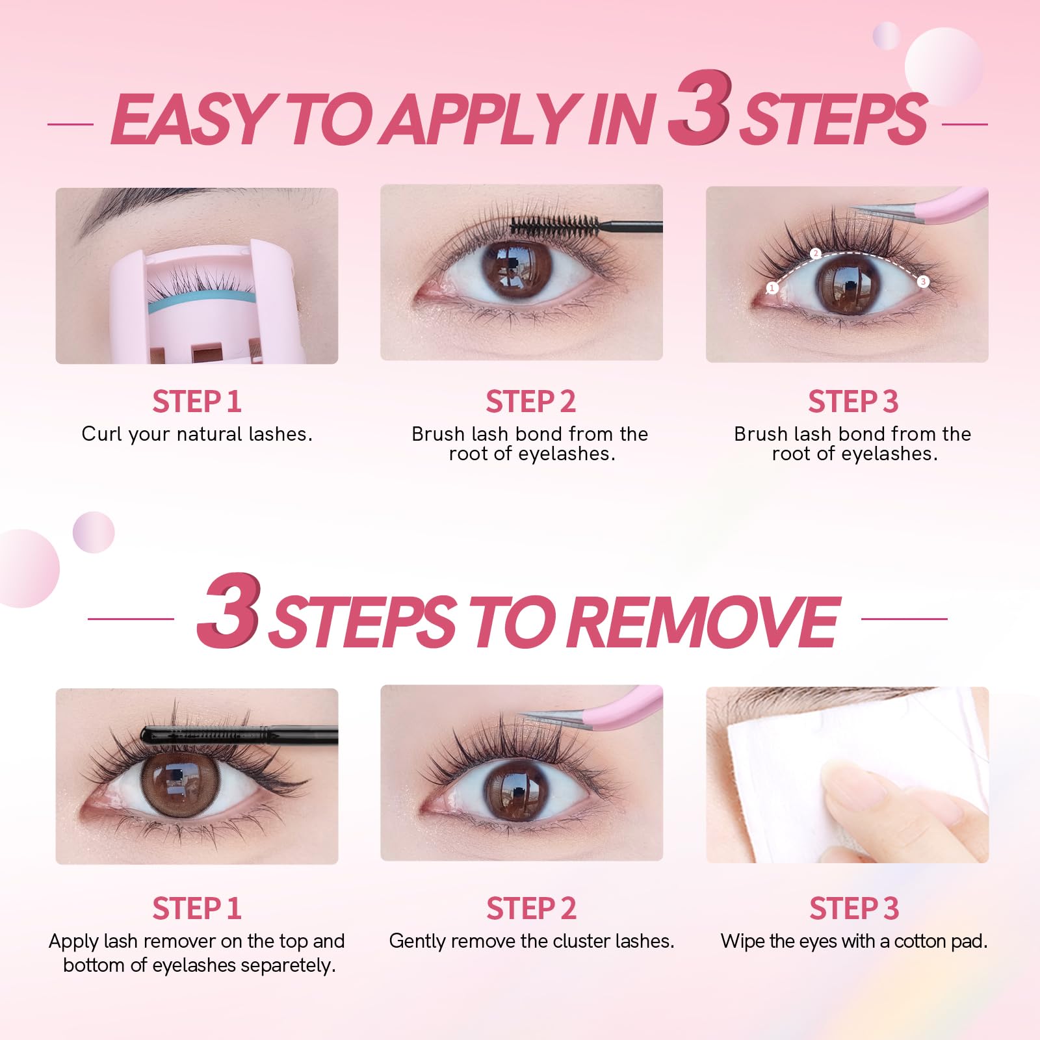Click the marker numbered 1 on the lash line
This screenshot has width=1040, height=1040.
coord(772,288)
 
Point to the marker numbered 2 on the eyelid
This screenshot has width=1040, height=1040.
coord(816,253)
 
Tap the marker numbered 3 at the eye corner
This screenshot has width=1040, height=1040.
coord(923,281)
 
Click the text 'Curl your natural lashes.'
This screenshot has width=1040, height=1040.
coord(197,434)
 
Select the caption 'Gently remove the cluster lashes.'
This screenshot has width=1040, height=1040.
coord(532,941)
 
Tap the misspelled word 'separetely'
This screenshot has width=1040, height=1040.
coord(286,966)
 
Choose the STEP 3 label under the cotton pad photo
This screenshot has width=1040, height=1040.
coord(854,909)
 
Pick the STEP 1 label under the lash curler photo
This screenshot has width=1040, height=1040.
coord(197,402)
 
